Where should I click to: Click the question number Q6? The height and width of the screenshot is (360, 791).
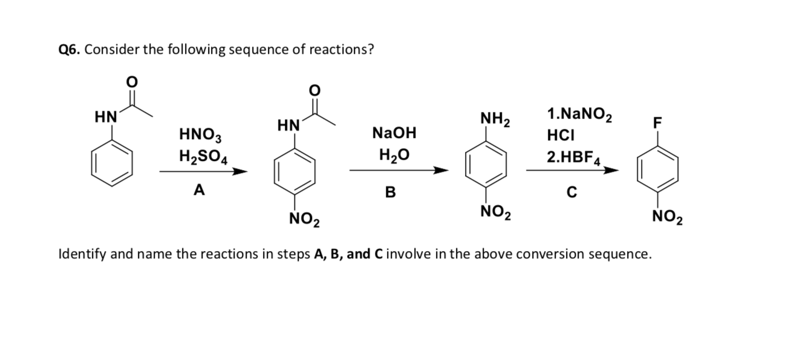click(70, 50)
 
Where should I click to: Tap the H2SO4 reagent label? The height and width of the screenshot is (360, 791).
click(203, 155)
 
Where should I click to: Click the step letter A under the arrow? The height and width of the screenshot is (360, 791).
click(199, 191)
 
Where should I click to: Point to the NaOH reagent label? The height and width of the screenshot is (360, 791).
click(394, 133)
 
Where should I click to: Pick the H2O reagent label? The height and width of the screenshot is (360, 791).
click(394, 155)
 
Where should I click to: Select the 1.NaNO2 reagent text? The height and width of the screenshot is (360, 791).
click(579, 114)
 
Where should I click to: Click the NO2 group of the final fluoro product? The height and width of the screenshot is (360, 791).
click(668, 217)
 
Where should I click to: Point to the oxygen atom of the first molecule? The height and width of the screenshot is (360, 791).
click(131, 81)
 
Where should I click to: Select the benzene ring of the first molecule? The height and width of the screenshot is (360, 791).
click(112, 163)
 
